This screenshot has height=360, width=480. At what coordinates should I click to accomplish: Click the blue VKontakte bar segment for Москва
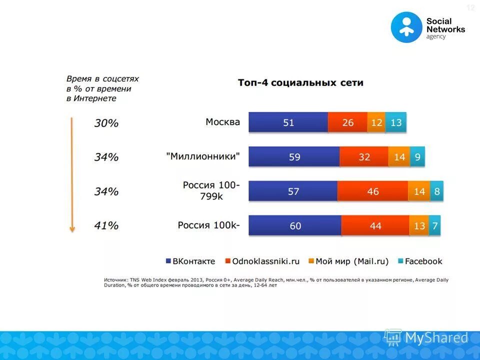click(288, 122)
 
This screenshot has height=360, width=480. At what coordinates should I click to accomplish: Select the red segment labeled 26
click(348, 122)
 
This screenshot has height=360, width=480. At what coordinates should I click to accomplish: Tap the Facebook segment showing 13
click(396, 122)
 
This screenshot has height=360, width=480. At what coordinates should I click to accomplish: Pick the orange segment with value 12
click(376, 122)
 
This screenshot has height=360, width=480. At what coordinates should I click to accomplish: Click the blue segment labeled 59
click(294, 157)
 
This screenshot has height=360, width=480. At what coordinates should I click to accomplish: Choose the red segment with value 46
click(372, 191)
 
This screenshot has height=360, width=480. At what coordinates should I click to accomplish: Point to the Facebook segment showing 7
click(435, 226)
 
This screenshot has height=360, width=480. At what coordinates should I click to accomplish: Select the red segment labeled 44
click(375, 226)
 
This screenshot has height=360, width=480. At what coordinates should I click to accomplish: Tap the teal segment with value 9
click(417, 157)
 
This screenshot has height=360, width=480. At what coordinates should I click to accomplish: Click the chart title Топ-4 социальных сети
click(300, 83)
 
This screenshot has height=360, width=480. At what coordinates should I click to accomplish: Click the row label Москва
click(222, 122)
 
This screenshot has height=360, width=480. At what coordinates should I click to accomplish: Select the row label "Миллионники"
click(203, 156)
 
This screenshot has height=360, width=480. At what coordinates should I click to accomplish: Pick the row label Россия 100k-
click(208, 225)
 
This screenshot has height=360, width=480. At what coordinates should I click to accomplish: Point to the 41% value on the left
click(106, 226)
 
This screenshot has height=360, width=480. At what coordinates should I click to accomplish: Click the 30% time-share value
click(106, 123)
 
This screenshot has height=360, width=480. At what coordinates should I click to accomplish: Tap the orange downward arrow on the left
click(72, 175)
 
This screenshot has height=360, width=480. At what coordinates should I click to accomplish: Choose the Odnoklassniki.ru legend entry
click(262, 261)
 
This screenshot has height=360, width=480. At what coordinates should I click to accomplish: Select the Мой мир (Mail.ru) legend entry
click(348, 261)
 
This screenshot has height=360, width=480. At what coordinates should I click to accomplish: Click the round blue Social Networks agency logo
click(406, 27)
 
